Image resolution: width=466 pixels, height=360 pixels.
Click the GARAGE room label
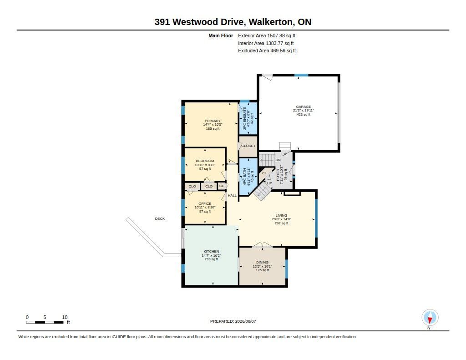pyautogui.click(x=303, y=106)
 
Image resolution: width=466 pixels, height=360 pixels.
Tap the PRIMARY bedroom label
pyautogui.click(x=213, y=121)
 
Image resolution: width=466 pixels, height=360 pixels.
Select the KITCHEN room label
pyautogui.click(x=211, y=252)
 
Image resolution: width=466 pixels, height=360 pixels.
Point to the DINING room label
pyautogui.click(x=262, y=262)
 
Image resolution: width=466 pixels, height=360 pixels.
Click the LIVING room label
pyautogui.click(x=281, y=215)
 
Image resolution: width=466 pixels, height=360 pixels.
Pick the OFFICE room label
pyautogui.click(x=205, y=203)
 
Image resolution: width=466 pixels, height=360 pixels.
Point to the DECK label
pyautogui.click(x=160, y=218)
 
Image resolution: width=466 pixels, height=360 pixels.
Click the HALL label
pyautogui.click(x=232, y=195)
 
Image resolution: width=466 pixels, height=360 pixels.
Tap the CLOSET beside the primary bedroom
pyautogui.click(x=248, y=146)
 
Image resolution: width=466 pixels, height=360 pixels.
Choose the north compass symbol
pyautogui.click(x=430, y=318)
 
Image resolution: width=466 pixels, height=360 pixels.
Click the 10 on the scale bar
pyautogui.click(x=65, y=317)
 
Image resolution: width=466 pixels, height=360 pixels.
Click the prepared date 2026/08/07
pyautogui.click(x=245, y=321)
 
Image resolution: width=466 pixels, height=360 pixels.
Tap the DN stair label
pyautogui.click(x=278, y=160)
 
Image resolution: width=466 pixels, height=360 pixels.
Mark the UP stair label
pyautogui.click(x=269, y=183)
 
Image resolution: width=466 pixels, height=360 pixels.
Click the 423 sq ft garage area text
pyautogui.click(x=303, y=114)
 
